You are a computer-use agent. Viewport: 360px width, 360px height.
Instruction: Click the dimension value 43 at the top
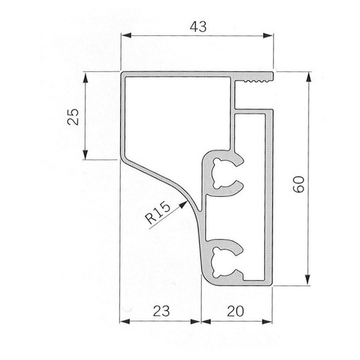tap(198, 27)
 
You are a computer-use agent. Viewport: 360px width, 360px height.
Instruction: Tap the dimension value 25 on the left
tap(73, 116)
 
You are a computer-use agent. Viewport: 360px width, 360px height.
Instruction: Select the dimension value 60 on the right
tap(299, 184)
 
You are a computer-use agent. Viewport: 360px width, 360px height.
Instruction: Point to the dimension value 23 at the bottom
tap(162, 311)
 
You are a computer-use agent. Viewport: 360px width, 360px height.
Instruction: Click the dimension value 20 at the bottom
tap(236, 311)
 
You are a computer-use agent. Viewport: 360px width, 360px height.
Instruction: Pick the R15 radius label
tap(157, 213)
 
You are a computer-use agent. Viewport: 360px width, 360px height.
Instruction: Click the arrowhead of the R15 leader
tap(184, 205)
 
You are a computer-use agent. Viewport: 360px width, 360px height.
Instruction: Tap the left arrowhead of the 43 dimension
tap(126, 35)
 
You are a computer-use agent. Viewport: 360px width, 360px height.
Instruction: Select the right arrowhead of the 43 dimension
tap(268, 35)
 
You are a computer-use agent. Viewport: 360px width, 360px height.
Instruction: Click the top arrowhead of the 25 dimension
tap(85, 78)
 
